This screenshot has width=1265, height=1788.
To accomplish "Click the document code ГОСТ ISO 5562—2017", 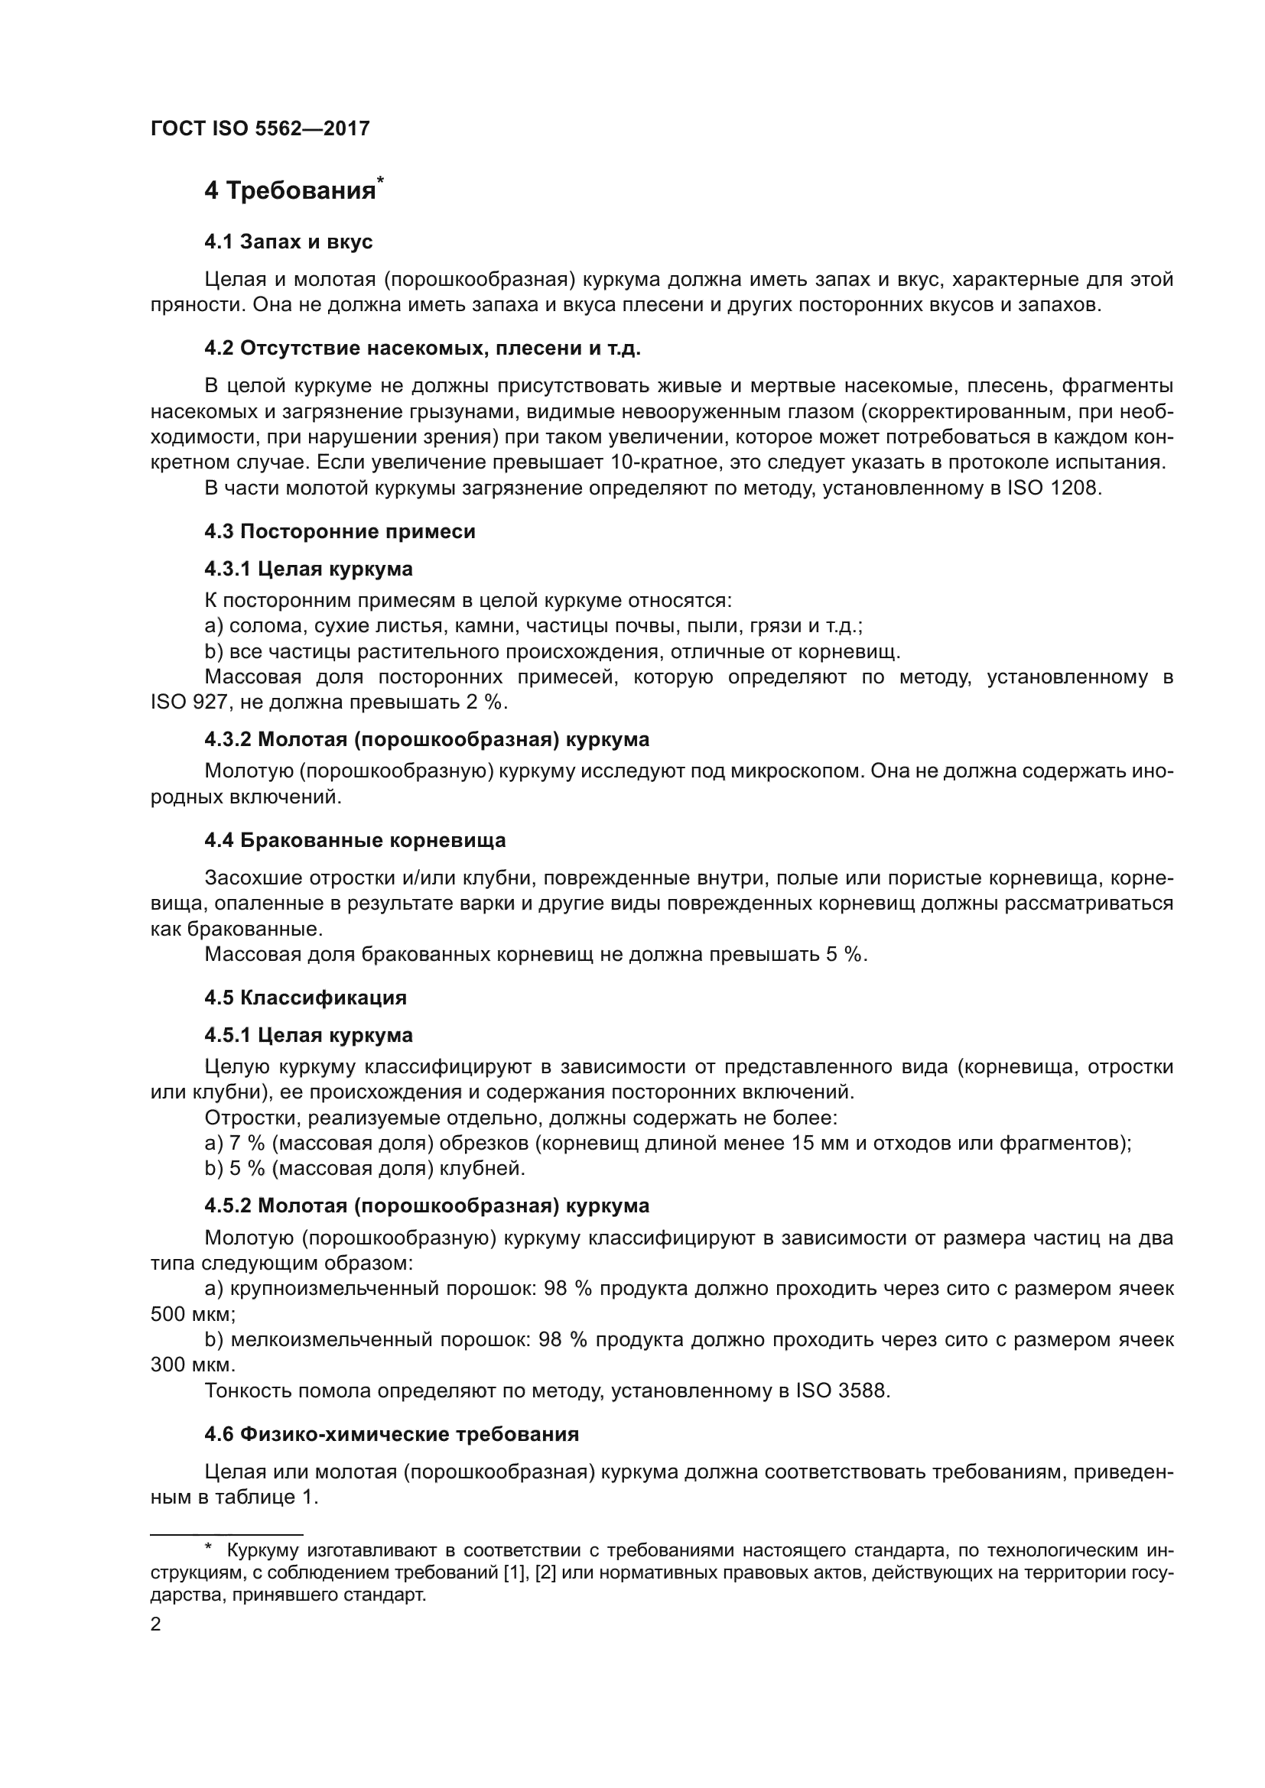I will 259,128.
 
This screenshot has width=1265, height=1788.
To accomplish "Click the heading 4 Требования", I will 290,191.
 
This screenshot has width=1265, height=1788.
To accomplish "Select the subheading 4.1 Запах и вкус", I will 288,242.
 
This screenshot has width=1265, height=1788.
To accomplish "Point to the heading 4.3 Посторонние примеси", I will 340,531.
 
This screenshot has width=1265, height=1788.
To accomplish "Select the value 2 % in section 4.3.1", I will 484,702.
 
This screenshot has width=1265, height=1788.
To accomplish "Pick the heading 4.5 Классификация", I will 305,998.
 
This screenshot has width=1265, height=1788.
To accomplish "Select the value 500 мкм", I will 192,1314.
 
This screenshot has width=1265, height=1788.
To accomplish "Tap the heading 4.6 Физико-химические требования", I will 391,1434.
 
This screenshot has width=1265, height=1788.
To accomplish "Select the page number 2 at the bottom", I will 156,1624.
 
